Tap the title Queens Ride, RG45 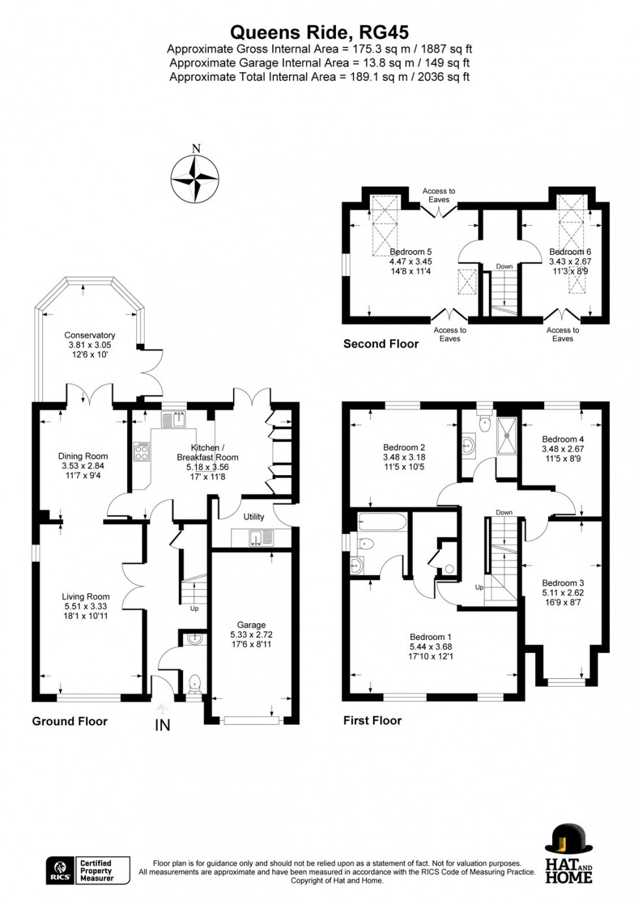point(319,33)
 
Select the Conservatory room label point(89,335)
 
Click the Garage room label point(251,625)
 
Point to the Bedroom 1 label point(430,637)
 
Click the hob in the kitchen point(141,452)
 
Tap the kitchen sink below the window point(174,419)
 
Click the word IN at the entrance point(162,725)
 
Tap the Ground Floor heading point(70,721)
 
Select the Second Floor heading point(381,344)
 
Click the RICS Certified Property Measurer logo point(88,870)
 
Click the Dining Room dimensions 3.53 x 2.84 point(82,466)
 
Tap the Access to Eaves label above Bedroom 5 point(439,195)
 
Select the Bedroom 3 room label point(562,583)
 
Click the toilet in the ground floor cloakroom point(194,684)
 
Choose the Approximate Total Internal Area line point(319,77)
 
